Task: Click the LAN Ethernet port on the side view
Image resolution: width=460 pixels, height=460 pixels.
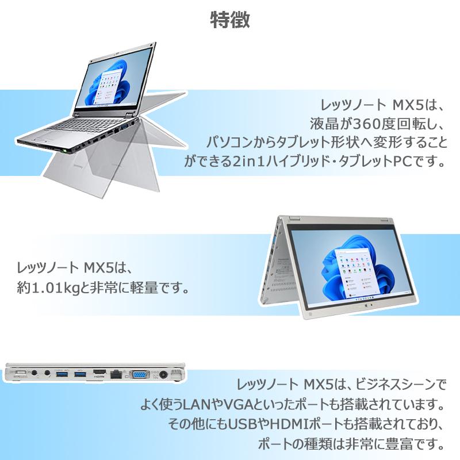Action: click(x=117, y=374)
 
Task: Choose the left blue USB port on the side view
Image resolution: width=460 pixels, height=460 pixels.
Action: click(x=62, y=374)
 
